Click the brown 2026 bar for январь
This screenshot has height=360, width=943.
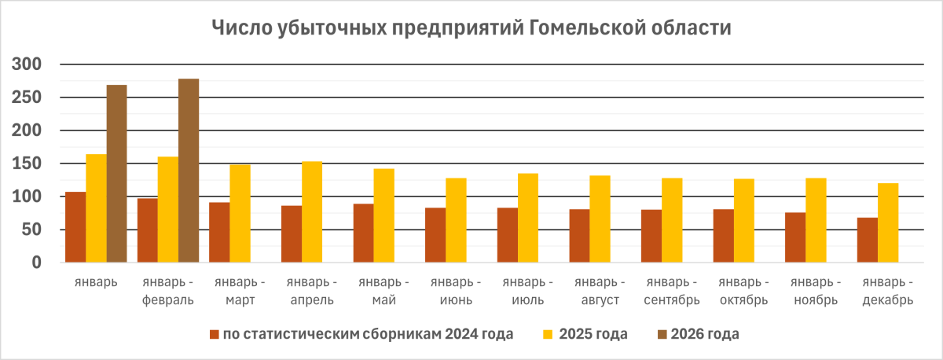116,174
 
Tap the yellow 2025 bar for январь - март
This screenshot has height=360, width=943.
240,213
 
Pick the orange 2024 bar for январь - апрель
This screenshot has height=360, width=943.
291,234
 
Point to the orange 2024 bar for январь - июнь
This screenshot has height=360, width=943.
435,235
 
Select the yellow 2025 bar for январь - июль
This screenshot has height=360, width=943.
528,218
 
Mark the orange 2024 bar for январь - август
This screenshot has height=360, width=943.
579,236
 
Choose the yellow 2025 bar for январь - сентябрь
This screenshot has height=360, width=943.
672,220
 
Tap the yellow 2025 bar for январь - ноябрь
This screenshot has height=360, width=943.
816,220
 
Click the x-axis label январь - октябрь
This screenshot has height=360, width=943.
743,291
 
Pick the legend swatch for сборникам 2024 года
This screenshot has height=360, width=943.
214,335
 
